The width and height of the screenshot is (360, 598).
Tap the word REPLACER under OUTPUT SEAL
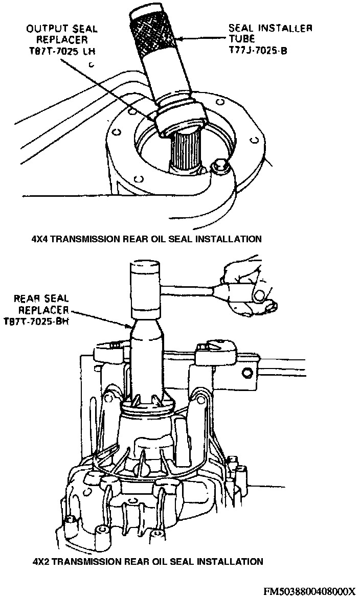tap(60, 39)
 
